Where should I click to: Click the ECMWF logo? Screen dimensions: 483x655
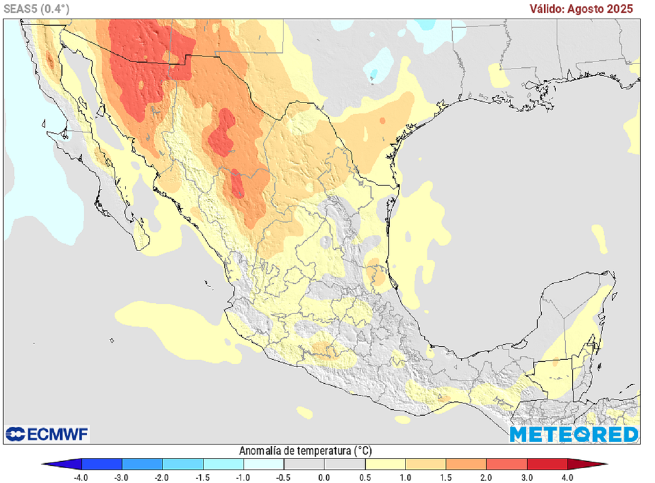(x=47, y=434)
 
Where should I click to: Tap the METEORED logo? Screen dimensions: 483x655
(x=574, y=434)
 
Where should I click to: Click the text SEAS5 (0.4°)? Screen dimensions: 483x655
(x=36, y=8)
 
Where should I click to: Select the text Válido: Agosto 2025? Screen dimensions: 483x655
(x=581, y=8)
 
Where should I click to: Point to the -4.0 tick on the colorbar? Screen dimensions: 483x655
(x=81, y=477)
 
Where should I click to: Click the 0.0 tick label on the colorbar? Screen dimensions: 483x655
(x=324, y=477)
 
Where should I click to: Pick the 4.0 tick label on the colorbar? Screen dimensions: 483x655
(x=567, y=477)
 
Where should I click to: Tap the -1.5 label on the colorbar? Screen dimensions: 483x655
(x=203, y=477)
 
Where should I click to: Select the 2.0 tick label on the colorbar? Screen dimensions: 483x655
(x=486, y=477)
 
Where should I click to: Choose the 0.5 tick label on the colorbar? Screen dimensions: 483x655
(x=365, y=477)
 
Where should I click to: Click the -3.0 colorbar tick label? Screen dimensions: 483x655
(x=122, y=477)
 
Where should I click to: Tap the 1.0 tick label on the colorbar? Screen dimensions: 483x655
(x=405, y=477)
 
